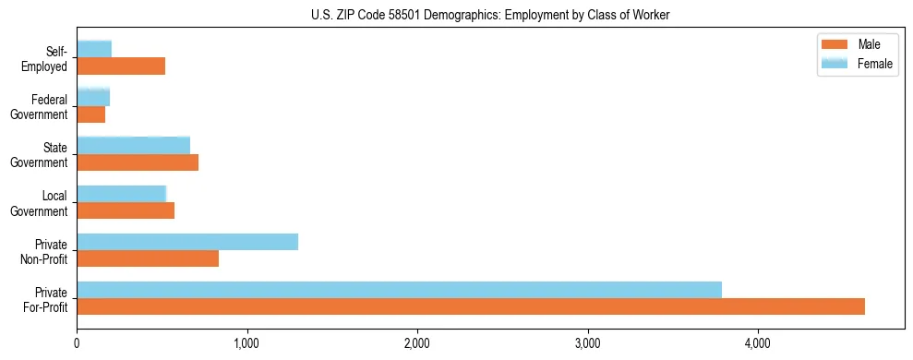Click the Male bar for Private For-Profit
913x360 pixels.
click(x=471, y=306)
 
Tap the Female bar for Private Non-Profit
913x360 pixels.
click(x=187, y=242)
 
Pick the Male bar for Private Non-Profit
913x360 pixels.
click(x=148, y=258)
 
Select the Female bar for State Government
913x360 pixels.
click(x=133, y=145)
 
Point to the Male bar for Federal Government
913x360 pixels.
click(x=90, y=114)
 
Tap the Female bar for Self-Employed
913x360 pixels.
click(x=94, y=49)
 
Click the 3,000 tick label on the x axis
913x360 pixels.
click(x=588, y=343)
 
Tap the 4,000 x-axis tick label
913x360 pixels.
click(x=758, y=343)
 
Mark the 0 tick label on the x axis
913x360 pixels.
click(x=78, y=343)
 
